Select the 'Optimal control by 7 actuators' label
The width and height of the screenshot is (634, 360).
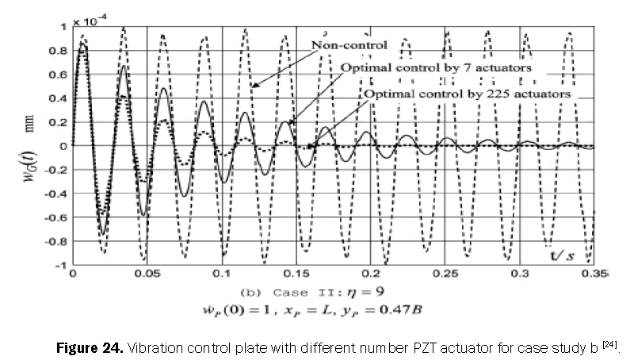[435, 68]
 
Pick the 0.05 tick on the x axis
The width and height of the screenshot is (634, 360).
[145, 273]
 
